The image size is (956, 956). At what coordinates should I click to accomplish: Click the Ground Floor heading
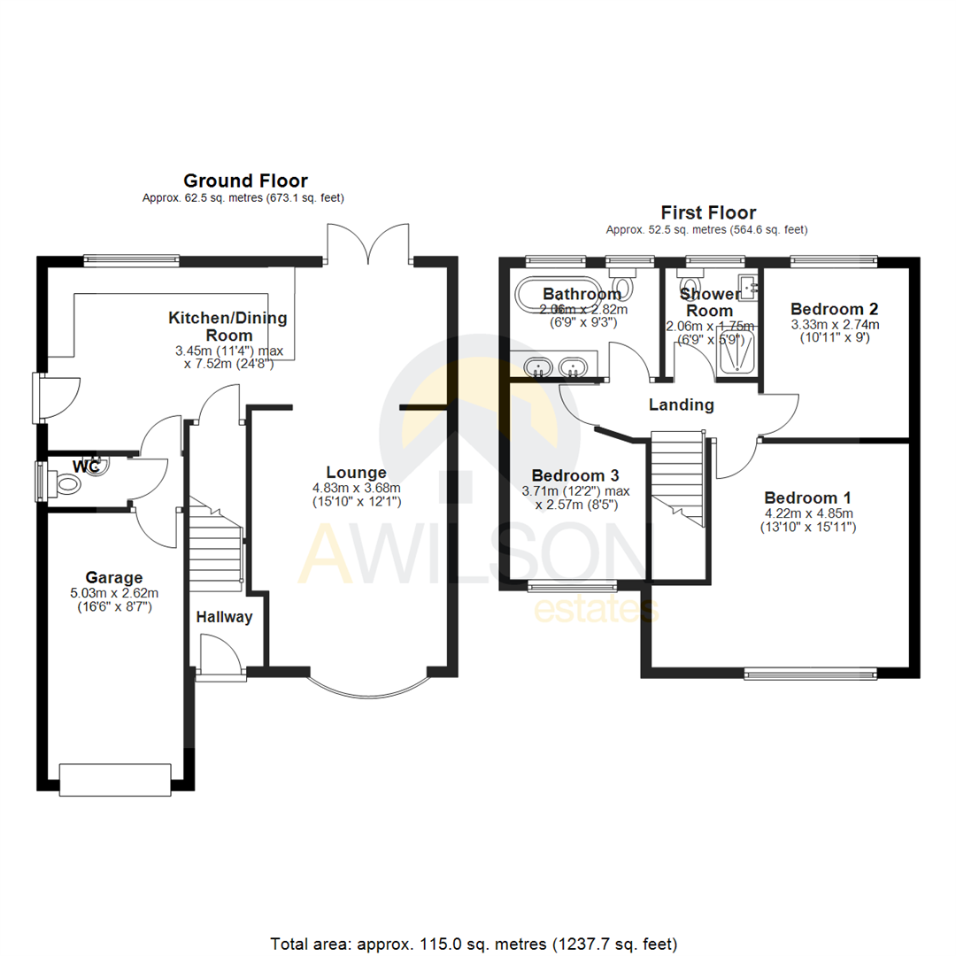[244, 181]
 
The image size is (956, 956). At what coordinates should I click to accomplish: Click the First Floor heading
[708, 212]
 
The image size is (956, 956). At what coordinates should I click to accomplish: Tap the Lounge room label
[356, 472]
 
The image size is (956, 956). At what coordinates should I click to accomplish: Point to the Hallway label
[224, 618]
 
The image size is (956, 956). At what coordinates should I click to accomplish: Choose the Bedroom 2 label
[834, 309]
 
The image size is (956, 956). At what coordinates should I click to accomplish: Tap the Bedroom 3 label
[567, 474]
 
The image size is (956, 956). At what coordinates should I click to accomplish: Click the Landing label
[681, 405]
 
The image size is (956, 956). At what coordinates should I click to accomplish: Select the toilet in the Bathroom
[626, 286]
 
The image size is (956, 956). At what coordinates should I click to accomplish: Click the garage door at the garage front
[114, 778]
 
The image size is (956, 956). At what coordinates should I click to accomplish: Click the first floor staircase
[678, 479]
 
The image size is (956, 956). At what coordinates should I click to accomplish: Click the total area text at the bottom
[477, 919]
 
